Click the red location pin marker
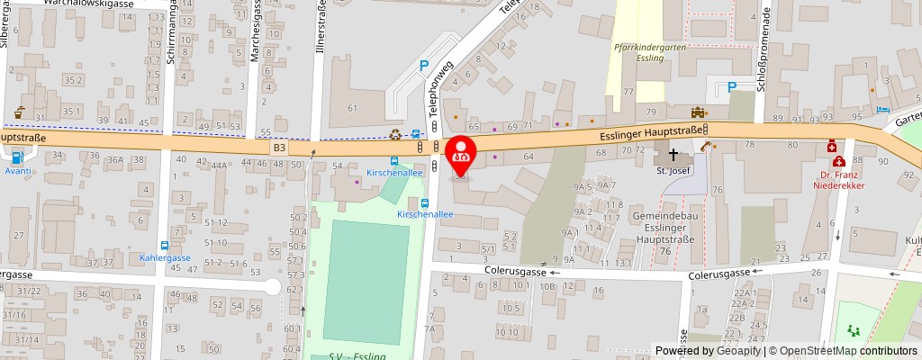click(x=461, y=156)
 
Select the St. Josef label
click(x=672, y=172)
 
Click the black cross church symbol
click(x=673, y=155)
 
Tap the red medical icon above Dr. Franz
click(x=832, y=146)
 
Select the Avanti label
click(x=18, y=170)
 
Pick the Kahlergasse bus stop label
click(x=165, y=257)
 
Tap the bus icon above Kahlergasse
click(x=165, y=245)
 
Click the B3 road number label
click(x=279, y=146)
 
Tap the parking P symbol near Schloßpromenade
click(x=732, y=87)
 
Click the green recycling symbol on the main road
click(x=396, y=135)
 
